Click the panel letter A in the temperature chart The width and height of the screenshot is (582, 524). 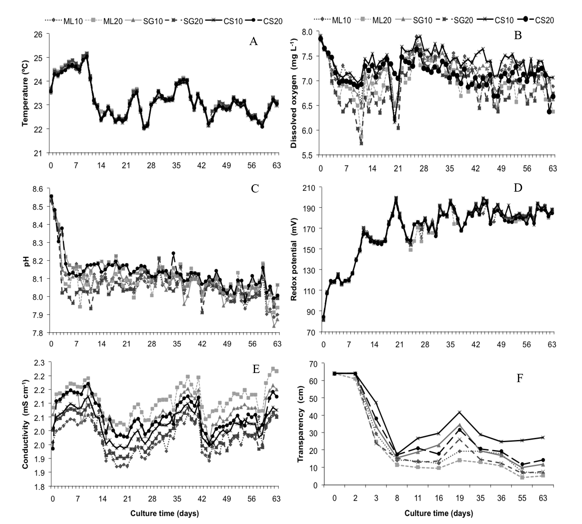pyautogui.click(x=253, y=42)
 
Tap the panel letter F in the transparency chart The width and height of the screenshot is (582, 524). pyautogui.click(x=520, y=378)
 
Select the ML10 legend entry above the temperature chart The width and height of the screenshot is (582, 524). pyautogui.click(x=72, y=21)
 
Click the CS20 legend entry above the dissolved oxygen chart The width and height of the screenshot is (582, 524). pyautogui.click(x=544, y=20)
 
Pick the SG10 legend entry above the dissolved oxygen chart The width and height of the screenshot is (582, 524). pyautogui.click(x=422, y=20)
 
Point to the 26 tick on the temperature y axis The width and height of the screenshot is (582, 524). pyautogui.click(x=44, y=34)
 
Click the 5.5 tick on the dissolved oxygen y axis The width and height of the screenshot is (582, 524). pyautogui.click(x=311, y=155)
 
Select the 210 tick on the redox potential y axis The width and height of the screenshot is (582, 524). pyautogui.click(x=309, y=188)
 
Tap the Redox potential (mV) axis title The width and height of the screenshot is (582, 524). pyautogui.click(x=293, y=259)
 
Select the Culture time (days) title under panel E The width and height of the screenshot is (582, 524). pyautogui.click(x=164, y=514)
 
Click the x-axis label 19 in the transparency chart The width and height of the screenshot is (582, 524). pyautogui.click(x=459, y=498)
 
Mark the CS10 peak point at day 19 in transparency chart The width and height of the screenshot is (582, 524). pyautogui.click(x=459, y=412)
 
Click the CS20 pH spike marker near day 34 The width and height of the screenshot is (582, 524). pyautogui.click(x=173, y=253)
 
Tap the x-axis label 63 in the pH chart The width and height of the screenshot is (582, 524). pyautogui.click(x=277, y=344)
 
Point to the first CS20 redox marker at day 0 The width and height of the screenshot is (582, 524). pyautogui.click(x=323, y=317)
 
